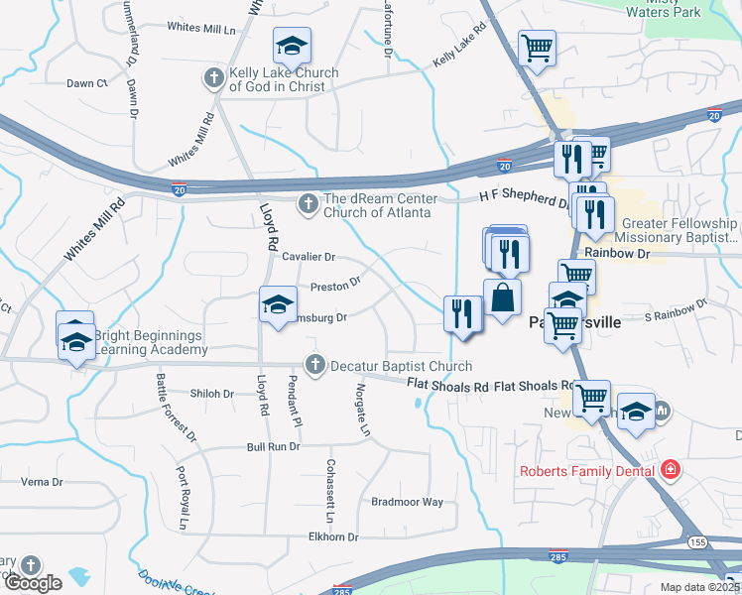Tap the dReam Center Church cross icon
(308, 203)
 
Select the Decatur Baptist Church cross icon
(315, 365)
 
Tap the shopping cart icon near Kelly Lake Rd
(537, 46)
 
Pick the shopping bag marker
(503, 296)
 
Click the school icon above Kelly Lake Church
(292, 46)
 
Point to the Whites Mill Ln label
(207, 28)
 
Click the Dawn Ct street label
(87, 83)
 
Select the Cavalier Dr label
(309, 257)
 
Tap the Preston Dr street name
(335, 286)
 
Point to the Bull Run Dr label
(273, 447)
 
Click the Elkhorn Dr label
(333, 536)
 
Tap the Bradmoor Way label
(407, 502)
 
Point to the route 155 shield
(698, 542)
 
